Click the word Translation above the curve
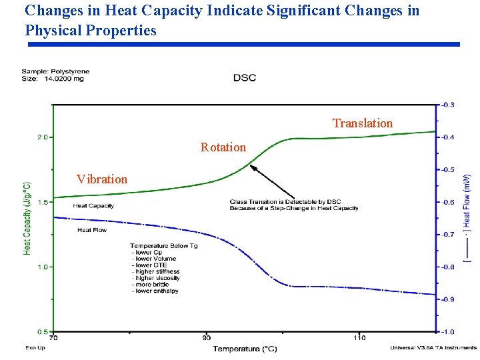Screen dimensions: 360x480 coord(363,123)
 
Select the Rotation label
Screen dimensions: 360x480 coord(223,147)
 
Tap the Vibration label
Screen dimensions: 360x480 coord(101,179)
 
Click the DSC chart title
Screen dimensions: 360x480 coord(244,78)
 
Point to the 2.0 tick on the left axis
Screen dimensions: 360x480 coord(42,137)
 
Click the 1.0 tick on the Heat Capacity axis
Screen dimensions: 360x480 coord(42,267)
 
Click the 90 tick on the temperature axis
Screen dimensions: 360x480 coord(207,337)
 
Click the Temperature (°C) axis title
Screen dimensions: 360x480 coord(245,349)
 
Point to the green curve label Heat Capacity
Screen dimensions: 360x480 coord(93,206)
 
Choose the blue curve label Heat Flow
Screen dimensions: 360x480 coord(92,230)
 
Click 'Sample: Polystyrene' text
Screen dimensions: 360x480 coord(55,71)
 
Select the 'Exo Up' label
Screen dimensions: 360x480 coord(35,347)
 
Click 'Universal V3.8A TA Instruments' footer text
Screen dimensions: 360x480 coord(433,347)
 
